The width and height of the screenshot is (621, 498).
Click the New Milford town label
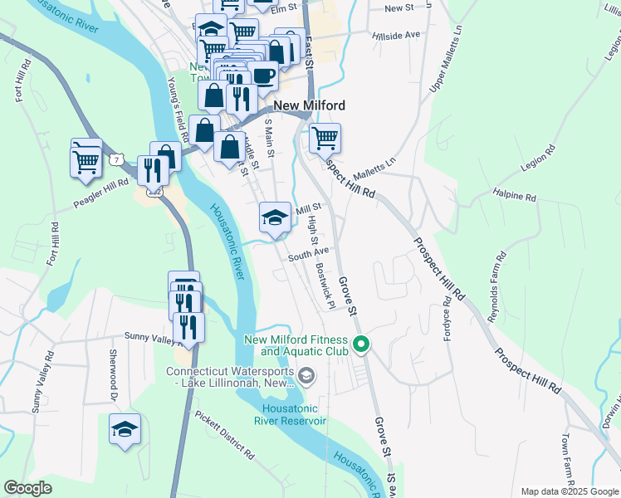click(x=308, y=105)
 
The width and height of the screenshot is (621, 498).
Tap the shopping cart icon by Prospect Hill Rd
click(x=325, y=138)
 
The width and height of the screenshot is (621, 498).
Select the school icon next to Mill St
click(x=276, y=218)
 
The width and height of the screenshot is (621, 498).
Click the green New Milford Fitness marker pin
click(x=361, y=344)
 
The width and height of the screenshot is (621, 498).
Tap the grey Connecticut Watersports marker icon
click(x=306, y=377)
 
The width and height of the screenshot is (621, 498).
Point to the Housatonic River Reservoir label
click(x=294, y=414)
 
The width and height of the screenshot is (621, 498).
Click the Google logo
click(x=28, y=488)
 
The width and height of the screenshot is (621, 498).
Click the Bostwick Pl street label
click(x=325, y=286)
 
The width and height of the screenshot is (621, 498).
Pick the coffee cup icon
click(x=263, y=76)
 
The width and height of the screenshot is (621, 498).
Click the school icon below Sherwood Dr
click(x=125, y=429)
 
